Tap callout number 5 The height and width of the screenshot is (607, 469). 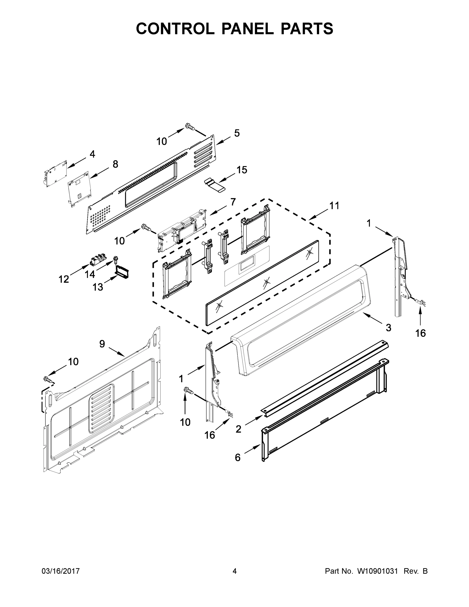tap(237, 133)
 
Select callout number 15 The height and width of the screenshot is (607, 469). tap(242, 169)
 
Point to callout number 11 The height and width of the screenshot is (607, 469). tap(334, 206)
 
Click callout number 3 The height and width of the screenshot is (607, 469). tap(388, 328)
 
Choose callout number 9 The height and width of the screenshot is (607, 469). tap(102, 344)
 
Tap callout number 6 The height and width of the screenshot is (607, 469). tap(238, 458)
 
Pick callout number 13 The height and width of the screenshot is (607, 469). tap(98, 287)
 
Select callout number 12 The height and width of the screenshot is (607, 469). tap(64, 279)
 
